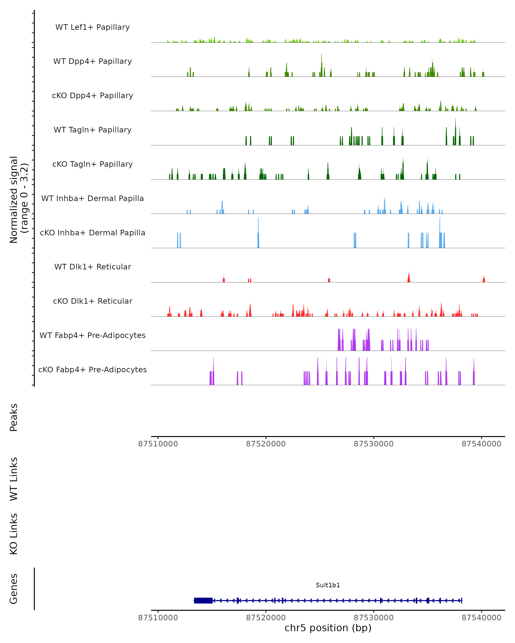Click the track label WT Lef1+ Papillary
92,27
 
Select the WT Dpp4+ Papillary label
92,62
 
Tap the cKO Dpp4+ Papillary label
92,96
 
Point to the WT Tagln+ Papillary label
92,130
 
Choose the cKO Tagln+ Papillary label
92,164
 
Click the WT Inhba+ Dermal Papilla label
92,199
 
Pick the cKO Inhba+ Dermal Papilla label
92,233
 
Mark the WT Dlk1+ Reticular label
92,267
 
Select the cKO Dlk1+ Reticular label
92,301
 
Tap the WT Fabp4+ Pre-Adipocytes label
92,335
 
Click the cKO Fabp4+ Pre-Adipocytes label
92,370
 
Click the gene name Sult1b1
328,585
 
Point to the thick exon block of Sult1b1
203,601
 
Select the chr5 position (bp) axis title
328,628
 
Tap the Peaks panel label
14,418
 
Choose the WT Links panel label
14,479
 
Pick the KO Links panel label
14,534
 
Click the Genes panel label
14,589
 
